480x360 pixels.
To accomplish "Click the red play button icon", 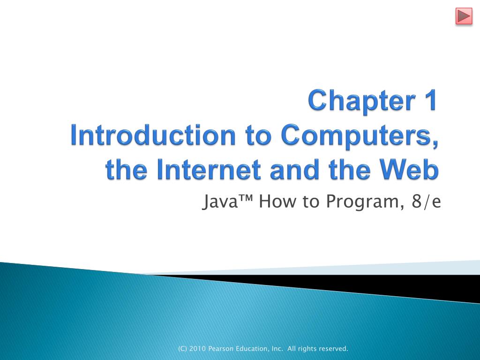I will click(x=464, y=16).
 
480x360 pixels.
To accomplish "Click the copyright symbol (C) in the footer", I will click(x=182, y=349).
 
